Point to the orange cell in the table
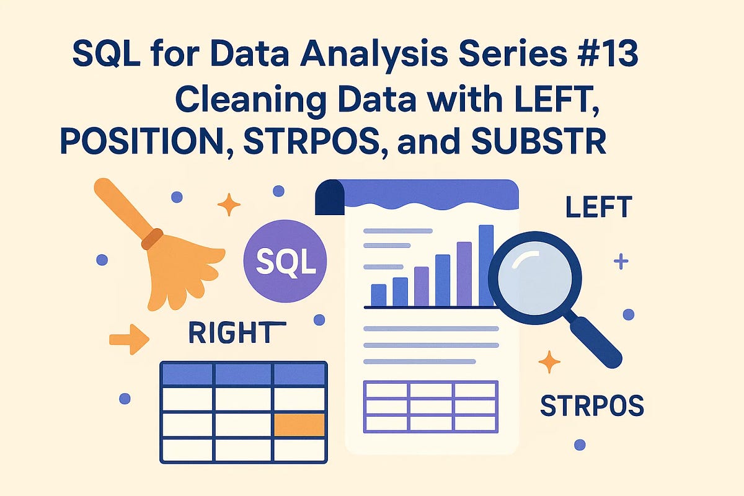(x=299, y=425)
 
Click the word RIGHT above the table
(x=231, y=334)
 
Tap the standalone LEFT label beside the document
(x=598, y=208)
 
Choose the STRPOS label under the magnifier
(x=591, y=406)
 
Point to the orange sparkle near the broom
(x=229, y=204)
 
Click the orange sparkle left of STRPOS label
(x=549, y=361)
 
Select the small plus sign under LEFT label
(x=621, y=261)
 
